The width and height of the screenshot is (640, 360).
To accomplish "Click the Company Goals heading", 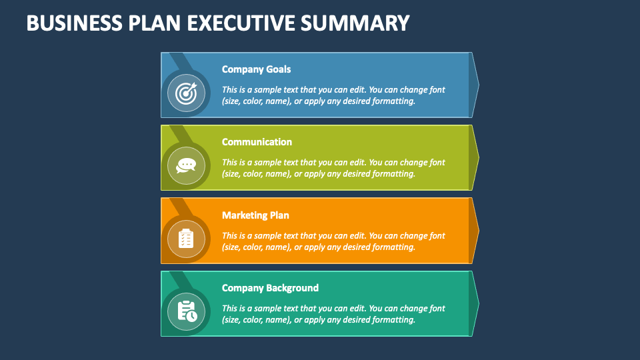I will (x=256, y=69).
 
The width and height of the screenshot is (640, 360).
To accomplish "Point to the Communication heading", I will (x=257, y=142).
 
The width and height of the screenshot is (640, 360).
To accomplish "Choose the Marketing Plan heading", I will (x=255, y=215).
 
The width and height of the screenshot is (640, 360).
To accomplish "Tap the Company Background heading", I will (x=270, y=288).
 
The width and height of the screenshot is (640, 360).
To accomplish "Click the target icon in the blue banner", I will (x=186, y=93).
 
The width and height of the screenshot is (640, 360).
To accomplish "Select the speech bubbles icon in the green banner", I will (x=186, y=165).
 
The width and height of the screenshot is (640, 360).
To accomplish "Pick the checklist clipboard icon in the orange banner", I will (x=186, y=238).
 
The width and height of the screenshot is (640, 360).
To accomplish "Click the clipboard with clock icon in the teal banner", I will (x=186, y=311).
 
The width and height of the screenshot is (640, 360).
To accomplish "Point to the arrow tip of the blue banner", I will (x=475, y=85).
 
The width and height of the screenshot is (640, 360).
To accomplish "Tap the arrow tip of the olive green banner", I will (x=475, y=157).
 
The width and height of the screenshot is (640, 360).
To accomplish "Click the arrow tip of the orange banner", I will (x=475, y=231).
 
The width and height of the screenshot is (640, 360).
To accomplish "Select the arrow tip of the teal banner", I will (x=475, y=303).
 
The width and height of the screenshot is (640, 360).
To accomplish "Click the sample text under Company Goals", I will (x=333, y=95).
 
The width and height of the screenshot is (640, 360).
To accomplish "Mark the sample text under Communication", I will (x=333, y=168).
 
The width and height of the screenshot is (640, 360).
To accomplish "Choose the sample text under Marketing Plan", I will (x=333, y=241).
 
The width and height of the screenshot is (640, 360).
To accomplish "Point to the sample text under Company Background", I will (x=333, y=314).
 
